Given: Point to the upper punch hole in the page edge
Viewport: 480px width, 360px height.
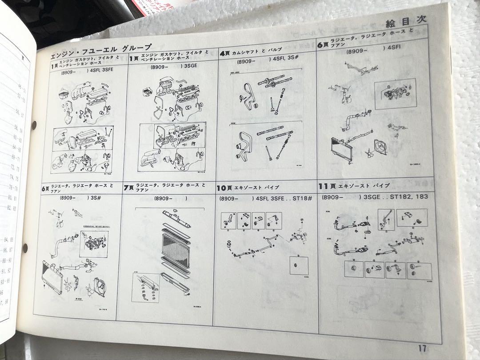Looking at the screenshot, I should pyautogui.click(x=35, y=124).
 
